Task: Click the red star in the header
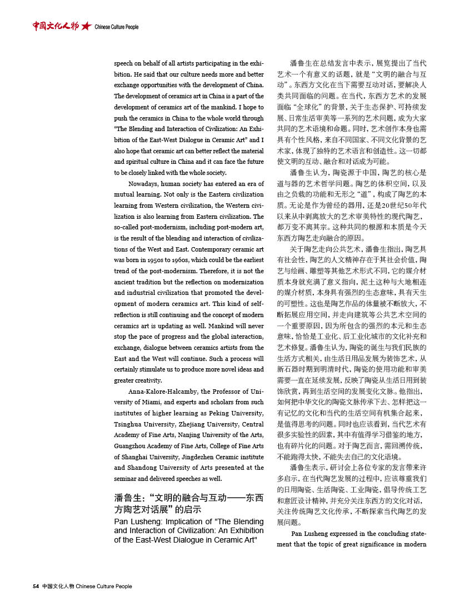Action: [86, 26]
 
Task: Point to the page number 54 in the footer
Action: [36, 586]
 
